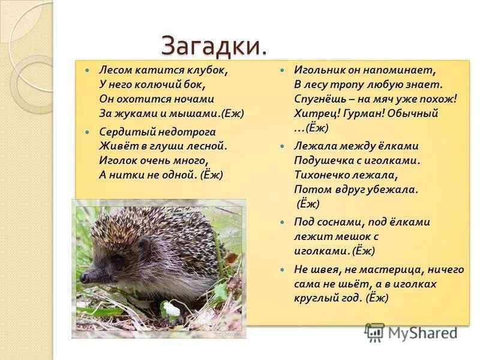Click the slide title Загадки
tap(214, 46)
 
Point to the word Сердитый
tap(122, 131)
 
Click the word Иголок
tap(118, 160)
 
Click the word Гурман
tap(365, 113)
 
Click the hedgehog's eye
tap(118, 259)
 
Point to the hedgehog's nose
tap(84, 278)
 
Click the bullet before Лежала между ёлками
tap(281, 146)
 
